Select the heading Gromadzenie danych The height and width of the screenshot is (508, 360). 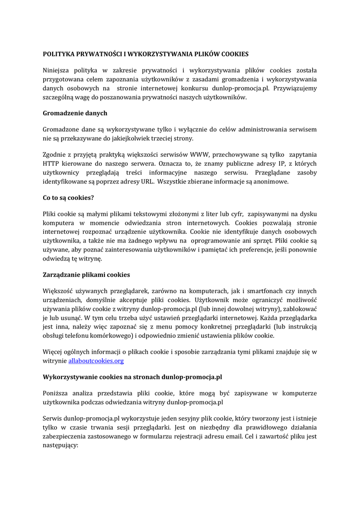[x=75, y=113]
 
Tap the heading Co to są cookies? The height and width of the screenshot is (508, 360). [x=69, y=197]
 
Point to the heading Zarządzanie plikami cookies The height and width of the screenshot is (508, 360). [x=86, y=274]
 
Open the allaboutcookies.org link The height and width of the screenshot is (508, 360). [x=96, y=361]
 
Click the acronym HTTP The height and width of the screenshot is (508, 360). [x=51, y=163]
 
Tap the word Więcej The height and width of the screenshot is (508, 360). [x=54, y=352]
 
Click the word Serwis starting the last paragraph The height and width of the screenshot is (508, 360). [x=53, y=419]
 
